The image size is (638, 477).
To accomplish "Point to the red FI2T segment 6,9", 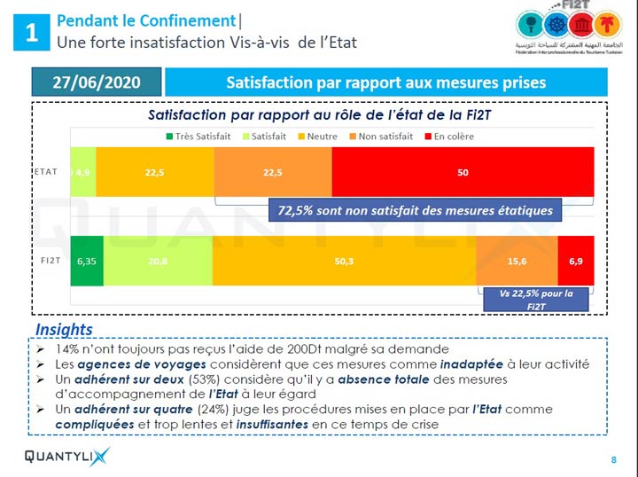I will coord(575,261).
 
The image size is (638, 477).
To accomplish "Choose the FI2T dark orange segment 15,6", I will coord(517,261).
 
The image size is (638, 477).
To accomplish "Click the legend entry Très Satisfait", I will coord(197,136).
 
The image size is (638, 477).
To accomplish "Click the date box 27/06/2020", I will coord(97,82).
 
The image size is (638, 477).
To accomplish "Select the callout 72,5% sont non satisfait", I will coord(416,210).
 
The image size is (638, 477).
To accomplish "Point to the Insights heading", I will coord(64,330).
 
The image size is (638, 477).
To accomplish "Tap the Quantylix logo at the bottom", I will coord(66,457).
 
